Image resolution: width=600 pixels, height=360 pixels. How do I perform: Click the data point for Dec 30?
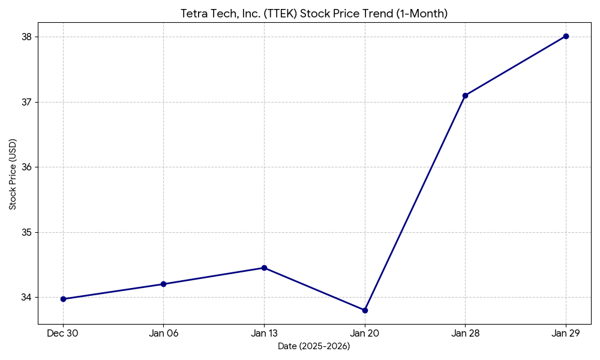(63, 299)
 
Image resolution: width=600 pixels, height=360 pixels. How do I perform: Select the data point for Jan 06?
(163, 284)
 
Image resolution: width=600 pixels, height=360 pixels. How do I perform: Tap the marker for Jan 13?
(264, 268)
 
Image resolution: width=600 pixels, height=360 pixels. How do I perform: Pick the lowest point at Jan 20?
(365, 310)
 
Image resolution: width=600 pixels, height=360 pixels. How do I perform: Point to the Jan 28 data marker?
(465, 95)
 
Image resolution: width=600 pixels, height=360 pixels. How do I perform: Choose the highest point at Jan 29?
(566, 36)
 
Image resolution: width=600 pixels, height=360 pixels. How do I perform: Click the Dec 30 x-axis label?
(63, 334)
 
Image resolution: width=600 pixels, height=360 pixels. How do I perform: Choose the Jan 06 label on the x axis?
(163, 334)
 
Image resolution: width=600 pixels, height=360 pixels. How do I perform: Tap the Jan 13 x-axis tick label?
(264, 334)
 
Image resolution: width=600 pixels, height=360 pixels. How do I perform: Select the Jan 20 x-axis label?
(365, 334)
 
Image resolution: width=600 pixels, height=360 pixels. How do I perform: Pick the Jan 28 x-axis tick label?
(465, 334)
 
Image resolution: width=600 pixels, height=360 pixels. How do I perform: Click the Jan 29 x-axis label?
(566, 334)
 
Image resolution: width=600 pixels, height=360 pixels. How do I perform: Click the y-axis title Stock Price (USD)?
(13, 174)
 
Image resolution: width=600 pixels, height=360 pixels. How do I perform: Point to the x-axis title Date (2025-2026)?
(314, 346)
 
